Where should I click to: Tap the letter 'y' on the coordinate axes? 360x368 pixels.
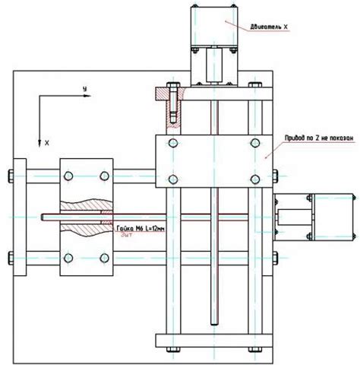[x=86, y=90]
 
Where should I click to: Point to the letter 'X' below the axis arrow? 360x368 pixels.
[x=46, y=142]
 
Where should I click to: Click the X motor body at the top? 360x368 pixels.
[x=215, y=23]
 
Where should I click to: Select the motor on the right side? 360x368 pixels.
[x=331, y=217]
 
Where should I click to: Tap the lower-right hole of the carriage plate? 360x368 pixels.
[x=254, y=179]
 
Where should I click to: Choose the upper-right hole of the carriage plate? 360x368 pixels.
[x=254, y=143]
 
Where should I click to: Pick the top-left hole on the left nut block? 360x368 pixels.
[x=68, y=176]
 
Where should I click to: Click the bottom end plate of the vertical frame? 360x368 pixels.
[x=213, y=339]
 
